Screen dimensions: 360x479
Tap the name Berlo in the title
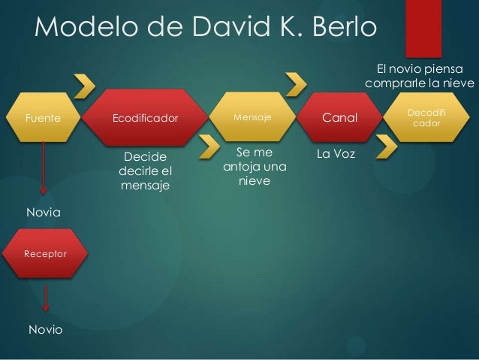pyautogui.click(x=330, y=29)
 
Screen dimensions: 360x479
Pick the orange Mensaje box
pyautogui.click(x=252, y=118)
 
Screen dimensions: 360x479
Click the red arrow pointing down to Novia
pyautogui.click(x=45, y=172)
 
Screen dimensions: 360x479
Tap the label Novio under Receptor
pyautogui.click(x=45, y=330)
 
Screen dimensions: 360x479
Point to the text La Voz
pyautogui.click(x=336, y=153)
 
